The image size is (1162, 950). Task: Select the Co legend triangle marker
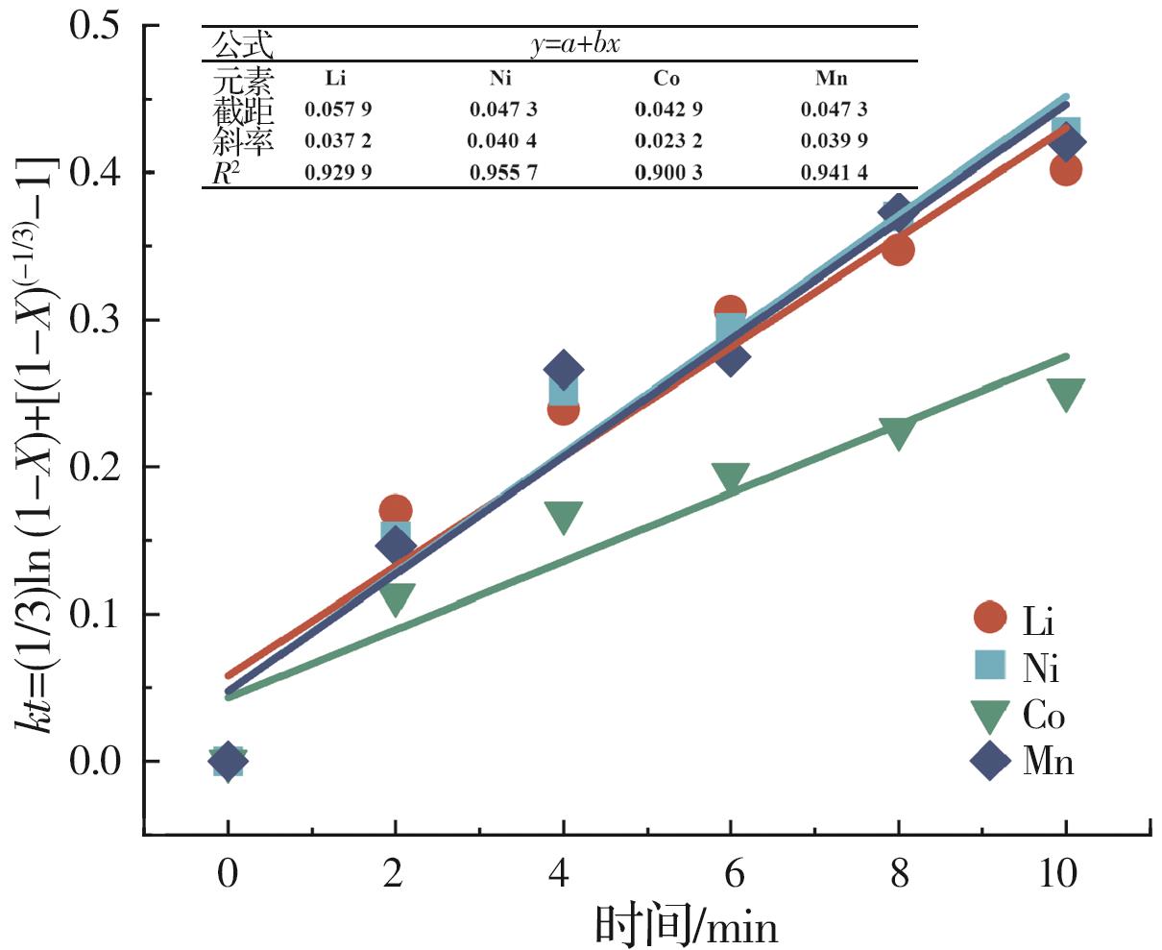(x=989, y=717)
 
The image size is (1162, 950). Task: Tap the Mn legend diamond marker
(x=990, y=763)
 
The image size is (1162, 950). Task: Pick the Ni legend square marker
(x=989, y=666)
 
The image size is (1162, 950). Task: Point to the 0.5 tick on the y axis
(x=108, y=25)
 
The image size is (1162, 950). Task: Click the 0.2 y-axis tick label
(x=108, y=468)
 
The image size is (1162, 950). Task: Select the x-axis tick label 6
(x=731, y=874)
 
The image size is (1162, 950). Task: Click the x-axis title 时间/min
(x=686, y=926)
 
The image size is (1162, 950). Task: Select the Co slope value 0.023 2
(x=668, y=141)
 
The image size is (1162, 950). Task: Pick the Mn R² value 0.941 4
(x=834, y=173)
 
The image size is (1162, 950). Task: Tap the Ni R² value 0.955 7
(x=502, y=173)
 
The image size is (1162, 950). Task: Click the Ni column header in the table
(x=499, y=79)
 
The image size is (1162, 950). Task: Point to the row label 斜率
(x=243, y=141)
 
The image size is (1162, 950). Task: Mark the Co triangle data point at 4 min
(x=563, y=517)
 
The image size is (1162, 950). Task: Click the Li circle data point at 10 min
(x=1066, y=170)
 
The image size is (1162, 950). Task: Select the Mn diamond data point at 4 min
(x=563, y=370)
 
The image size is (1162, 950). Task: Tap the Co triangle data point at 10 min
(x=1066, y=394)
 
